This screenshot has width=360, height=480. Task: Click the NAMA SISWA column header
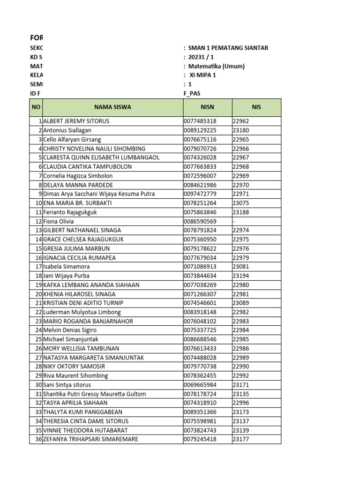[x=112, y=107]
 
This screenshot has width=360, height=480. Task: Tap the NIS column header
[x=256, y=107]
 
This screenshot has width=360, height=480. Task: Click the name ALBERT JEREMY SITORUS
[x=76, y=121]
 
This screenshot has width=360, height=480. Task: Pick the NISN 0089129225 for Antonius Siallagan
[x=200, y=130]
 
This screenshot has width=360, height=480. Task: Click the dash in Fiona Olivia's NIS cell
[x=233, y=221]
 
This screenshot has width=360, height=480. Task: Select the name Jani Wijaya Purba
[x=66, y=276]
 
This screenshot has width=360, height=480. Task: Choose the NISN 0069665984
[x=200, y=385]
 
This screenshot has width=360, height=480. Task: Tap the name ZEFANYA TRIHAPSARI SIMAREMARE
[x=90, y=440]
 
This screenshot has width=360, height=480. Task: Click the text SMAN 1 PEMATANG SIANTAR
[x=228, y=48]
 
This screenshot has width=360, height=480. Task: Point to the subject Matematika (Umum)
[x=217, y=67]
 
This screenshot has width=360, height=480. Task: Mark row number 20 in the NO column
[x=38, y=294]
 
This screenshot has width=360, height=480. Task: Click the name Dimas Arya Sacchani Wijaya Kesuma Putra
[x=98, y=194]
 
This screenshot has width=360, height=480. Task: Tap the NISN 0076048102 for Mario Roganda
[x=200, y=322]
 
